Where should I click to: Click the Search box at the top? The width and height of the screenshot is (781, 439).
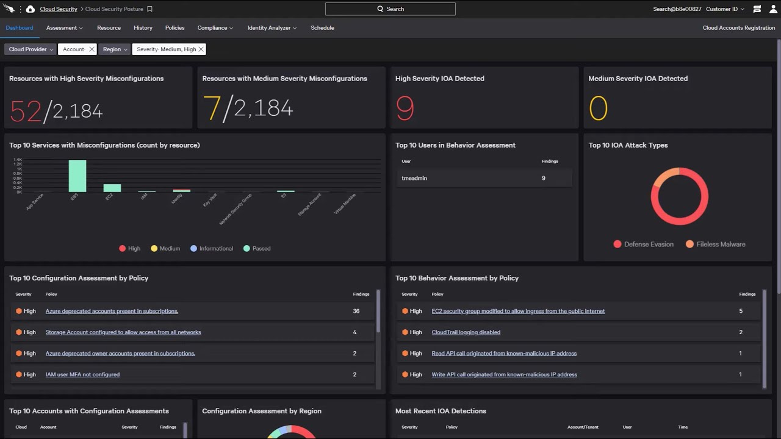point(390,9)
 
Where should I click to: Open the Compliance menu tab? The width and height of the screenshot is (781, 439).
point(215,28)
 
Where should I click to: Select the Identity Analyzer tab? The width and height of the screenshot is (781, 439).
point(272,28)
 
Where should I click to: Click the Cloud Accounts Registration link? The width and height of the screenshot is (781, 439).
point(738,28)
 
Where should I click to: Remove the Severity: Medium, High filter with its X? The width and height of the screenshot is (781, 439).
point(201,49)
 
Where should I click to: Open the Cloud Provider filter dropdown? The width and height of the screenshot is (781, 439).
point(31,49)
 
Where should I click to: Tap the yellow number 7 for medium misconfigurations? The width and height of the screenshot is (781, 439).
point(212,109)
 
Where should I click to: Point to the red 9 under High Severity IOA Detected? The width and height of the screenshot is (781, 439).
point(405,109)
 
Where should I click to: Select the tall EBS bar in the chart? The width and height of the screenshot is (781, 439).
point(77,176)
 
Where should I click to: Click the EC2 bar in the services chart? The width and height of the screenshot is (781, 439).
point(112,188)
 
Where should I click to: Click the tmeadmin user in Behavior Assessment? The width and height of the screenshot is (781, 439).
point(414,178)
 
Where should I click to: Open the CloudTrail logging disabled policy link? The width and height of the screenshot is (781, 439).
point(466,332)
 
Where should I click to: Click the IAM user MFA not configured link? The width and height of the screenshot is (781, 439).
point(82,375)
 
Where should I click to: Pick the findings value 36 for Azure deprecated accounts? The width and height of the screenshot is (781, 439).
point(356,311)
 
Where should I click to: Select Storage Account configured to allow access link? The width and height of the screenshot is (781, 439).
point(123,332)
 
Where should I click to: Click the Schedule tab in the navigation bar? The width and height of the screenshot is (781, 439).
point(322,28)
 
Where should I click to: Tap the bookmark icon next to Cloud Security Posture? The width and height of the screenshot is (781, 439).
point(150,9)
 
